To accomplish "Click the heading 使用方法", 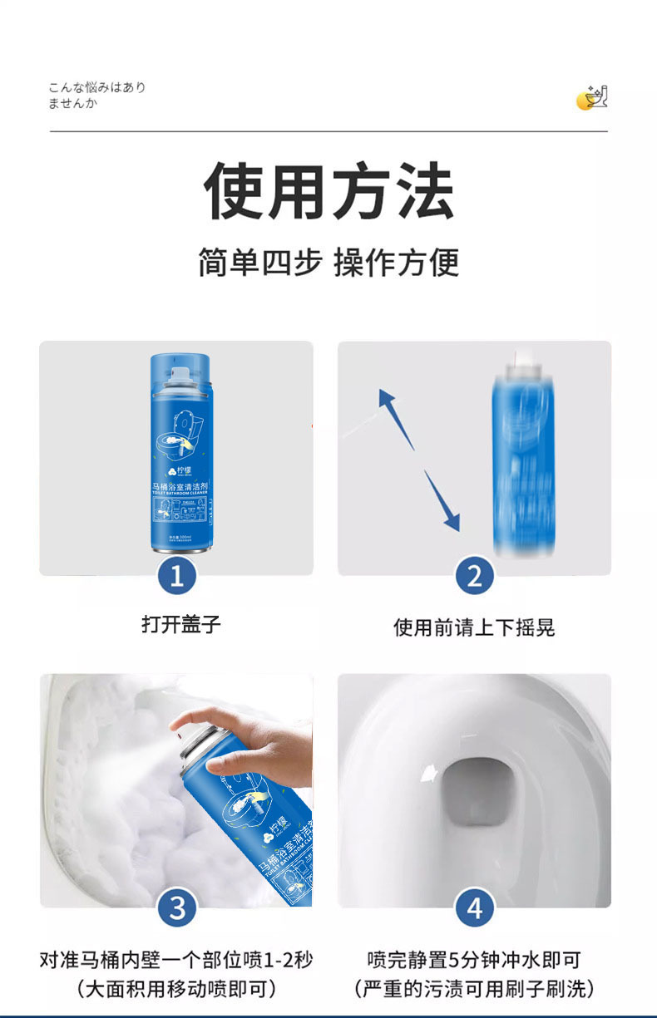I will point(328,192).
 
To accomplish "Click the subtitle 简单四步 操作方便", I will point(328,263).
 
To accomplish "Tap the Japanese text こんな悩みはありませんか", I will point(96,96).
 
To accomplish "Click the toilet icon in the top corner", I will point(593,97).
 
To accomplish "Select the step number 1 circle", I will point(176,575).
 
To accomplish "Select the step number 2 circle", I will point(474,575).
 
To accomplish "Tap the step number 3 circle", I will point(176,907).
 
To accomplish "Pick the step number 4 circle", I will point(474,907).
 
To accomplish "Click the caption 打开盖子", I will point(180,624).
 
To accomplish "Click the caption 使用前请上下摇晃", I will point(474,627).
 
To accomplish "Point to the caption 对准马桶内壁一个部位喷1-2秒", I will point(176,960).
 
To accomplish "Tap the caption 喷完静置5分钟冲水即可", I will point(474,960).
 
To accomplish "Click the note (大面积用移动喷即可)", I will point(176,989).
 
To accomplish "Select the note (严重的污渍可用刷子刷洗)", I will point(474,989).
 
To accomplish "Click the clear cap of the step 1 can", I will point(180,370).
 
